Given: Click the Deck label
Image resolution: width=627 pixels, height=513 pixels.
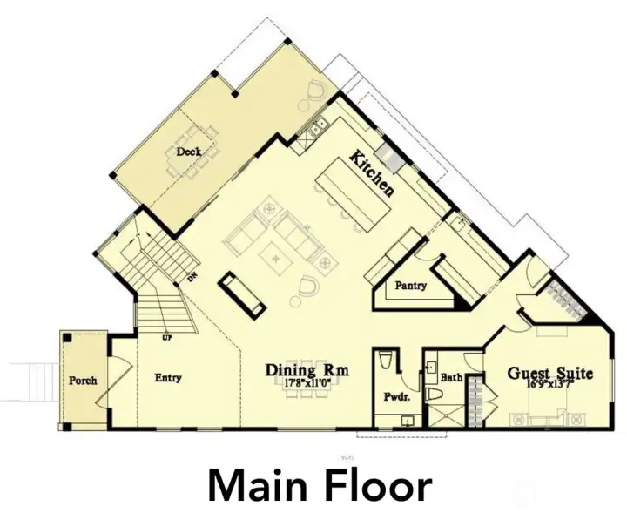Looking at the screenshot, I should pos(188,152).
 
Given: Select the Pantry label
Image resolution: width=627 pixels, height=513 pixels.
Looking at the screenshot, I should pos(409,286).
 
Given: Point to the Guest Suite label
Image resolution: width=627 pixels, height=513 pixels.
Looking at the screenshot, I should pos(550,373).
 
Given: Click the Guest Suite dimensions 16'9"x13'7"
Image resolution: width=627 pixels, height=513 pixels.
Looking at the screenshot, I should pos(550,384).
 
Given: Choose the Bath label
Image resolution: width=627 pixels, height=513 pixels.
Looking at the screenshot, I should pos(450,378).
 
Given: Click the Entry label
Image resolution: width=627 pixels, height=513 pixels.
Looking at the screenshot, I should pos(167,378).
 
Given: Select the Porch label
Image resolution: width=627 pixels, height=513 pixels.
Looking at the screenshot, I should pos(83,381).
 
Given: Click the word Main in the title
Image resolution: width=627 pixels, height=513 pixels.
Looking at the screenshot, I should pos(262,487).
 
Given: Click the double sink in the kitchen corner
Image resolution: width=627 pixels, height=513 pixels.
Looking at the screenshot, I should pos(313,129).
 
